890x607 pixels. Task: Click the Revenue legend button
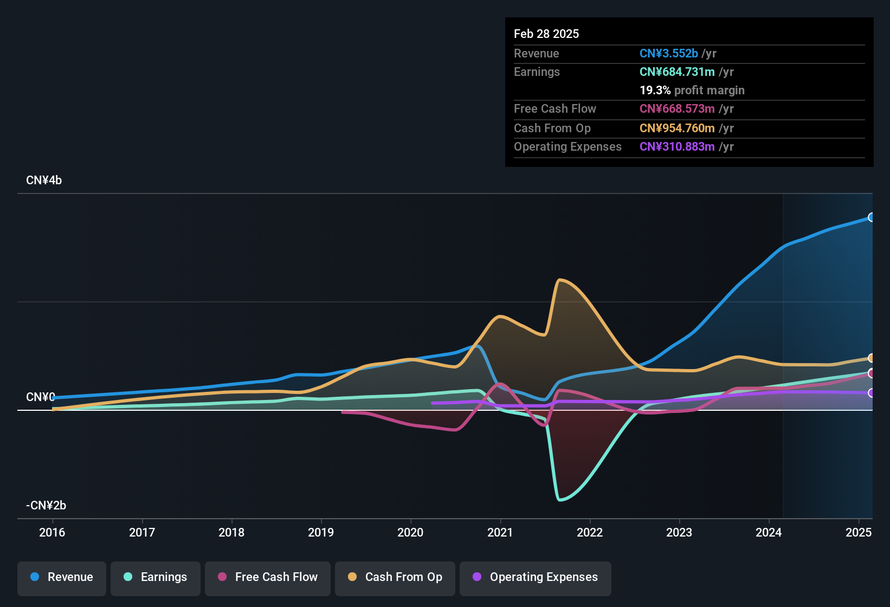[62, 577]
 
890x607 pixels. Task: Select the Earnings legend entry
[156, 577]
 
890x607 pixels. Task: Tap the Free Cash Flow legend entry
[268, 577]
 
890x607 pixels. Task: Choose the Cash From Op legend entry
[395, 577]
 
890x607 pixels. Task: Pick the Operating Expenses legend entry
[536, 577]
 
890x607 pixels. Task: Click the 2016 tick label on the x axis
[52, 532]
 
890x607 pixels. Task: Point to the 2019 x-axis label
[321, 532]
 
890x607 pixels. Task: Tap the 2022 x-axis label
[590, 532]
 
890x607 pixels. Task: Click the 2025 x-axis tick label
[859, 532]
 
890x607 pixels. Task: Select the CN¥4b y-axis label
[44, 180]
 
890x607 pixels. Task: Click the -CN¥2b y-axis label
[46, 506]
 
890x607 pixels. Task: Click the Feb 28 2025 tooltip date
[546, 34]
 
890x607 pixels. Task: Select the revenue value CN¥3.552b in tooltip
[669, 54]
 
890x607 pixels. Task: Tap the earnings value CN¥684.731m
[677, 72]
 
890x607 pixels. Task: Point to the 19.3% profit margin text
[692, 91]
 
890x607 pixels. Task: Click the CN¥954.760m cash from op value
[677, 128]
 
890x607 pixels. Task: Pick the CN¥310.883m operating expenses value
[677, 147]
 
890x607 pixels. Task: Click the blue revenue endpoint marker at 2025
[871, 217]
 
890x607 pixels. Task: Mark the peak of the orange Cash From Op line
[559, 280]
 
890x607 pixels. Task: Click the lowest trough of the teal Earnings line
[560, 500]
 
